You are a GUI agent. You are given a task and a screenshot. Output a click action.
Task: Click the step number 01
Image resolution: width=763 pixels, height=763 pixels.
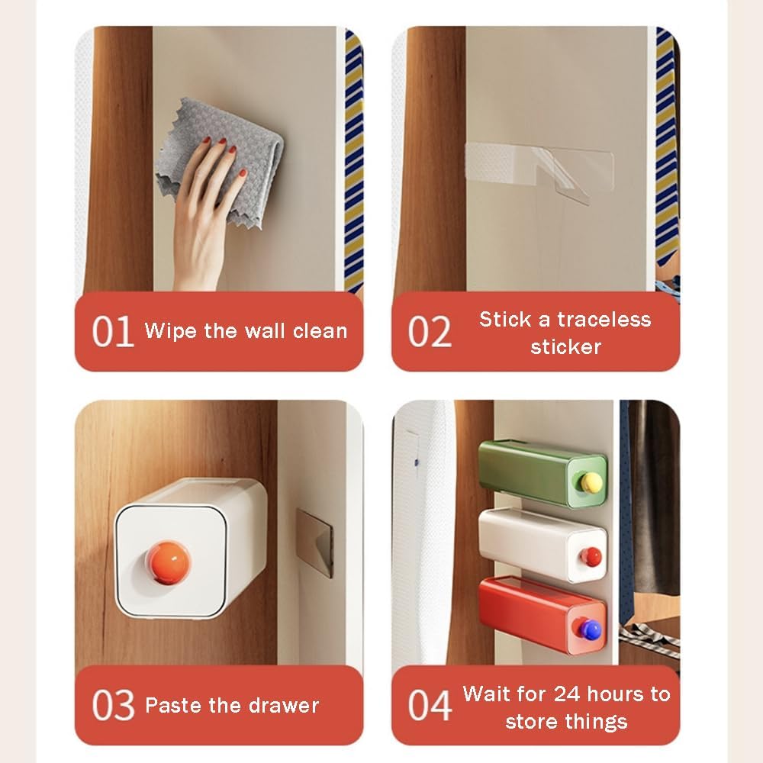pyautogui.click(x=113, y=331)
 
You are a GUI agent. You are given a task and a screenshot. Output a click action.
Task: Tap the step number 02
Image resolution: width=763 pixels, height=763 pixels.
pyautogui.click(x=430, y=331)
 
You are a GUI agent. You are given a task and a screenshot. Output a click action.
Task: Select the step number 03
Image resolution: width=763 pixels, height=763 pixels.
pyautogui.click(x=113, y=705)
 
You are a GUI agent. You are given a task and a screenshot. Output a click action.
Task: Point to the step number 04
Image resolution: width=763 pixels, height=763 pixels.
pyautogui.click(x=430, y=705)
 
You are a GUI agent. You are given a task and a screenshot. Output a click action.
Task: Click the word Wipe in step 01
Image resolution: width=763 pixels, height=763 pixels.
pyautogui.click(x=171, y=331)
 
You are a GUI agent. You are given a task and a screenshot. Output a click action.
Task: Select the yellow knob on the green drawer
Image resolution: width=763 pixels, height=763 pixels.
pyautogui.click(x=591, y=481)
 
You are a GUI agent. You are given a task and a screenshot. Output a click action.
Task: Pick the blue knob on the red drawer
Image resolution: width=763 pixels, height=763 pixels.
pyautogui.click(x=590, y=630)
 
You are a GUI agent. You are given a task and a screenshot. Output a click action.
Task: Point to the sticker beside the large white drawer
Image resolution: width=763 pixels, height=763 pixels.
pyautogui.click(x=315, y=542)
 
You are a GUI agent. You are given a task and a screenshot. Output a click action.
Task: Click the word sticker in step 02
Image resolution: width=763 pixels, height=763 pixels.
pyautogui.click(x=566, y=347)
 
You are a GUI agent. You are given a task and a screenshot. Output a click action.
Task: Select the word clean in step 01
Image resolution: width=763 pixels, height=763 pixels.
pyautogui.click(x=320, y=331)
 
